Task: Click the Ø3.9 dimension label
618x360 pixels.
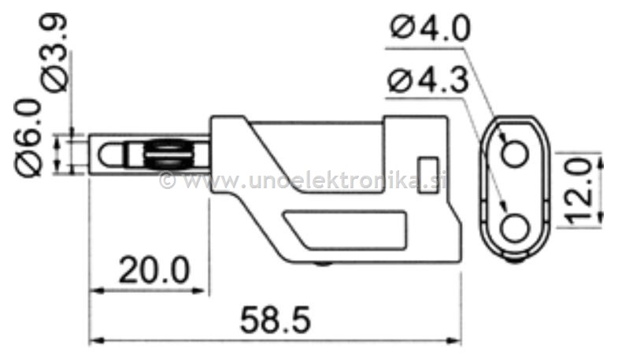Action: pos(56,55)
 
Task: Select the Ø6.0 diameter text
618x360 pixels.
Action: pos(28,137)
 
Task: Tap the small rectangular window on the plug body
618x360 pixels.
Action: pos(428,169)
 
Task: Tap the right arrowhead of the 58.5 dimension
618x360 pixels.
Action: pos(454,341)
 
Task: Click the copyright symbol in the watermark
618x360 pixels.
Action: pos(167,182)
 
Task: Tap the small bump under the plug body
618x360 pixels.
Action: pos(323,265)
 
